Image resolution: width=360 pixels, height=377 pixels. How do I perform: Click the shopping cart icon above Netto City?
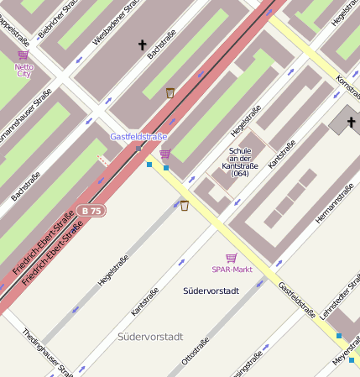tap(23, 55)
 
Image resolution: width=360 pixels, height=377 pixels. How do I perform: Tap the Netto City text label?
tap(23, 69)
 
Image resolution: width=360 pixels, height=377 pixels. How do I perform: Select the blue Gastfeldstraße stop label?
tap(138, 136)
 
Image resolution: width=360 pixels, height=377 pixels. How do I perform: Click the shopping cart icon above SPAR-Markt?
tap(231, 258)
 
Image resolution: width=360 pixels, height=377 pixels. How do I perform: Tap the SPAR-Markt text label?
tap(232, 270)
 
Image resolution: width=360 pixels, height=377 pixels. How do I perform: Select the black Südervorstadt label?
tap(211, 291)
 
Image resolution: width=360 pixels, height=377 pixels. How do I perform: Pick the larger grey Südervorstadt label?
tap(150, 337)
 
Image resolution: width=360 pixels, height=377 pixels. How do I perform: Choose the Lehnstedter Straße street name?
tap(341, 303)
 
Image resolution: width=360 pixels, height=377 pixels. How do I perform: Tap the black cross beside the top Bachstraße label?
tap(142, 45)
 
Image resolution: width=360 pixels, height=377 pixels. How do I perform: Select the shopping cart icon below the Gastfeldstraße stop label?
tap(164, 154)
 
